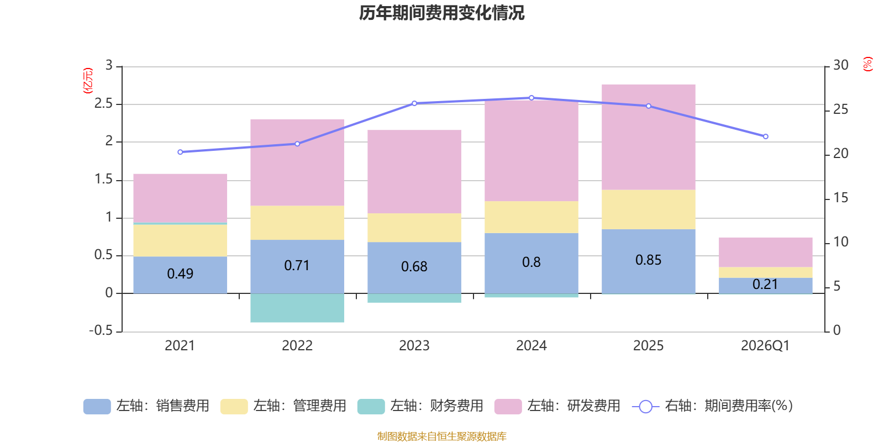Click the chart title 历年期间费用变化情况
(x=441, y=13)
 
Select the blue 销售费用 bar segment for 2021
(x=180, y=275)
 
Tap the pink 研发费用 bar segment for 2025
(x=648, y=137)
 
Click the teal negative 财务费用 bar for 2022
(x=297, y=308)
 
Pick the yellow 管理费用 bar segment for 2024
(x=532, y=217)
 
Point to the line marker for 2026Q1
(x=765, y=136)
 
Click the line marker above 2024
(x=532, y=98)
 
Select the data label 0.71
(x=297, y=266)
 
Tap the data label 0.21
(x=765, y=285)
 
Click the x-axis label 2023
(x=414, y=346)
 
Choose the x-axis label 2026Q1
(x=765, y=346)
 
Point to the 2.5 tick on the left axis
(x=104, y=104)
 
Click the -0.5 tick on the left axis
(x=101, y=330)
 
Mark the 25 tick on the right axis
(x=840, y=109)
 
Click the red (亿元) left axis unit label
(x=87, y=81)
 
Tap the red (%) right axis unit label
(x=868, y=64)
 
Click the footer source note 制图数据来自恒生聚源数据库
(x=441, y=436)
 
